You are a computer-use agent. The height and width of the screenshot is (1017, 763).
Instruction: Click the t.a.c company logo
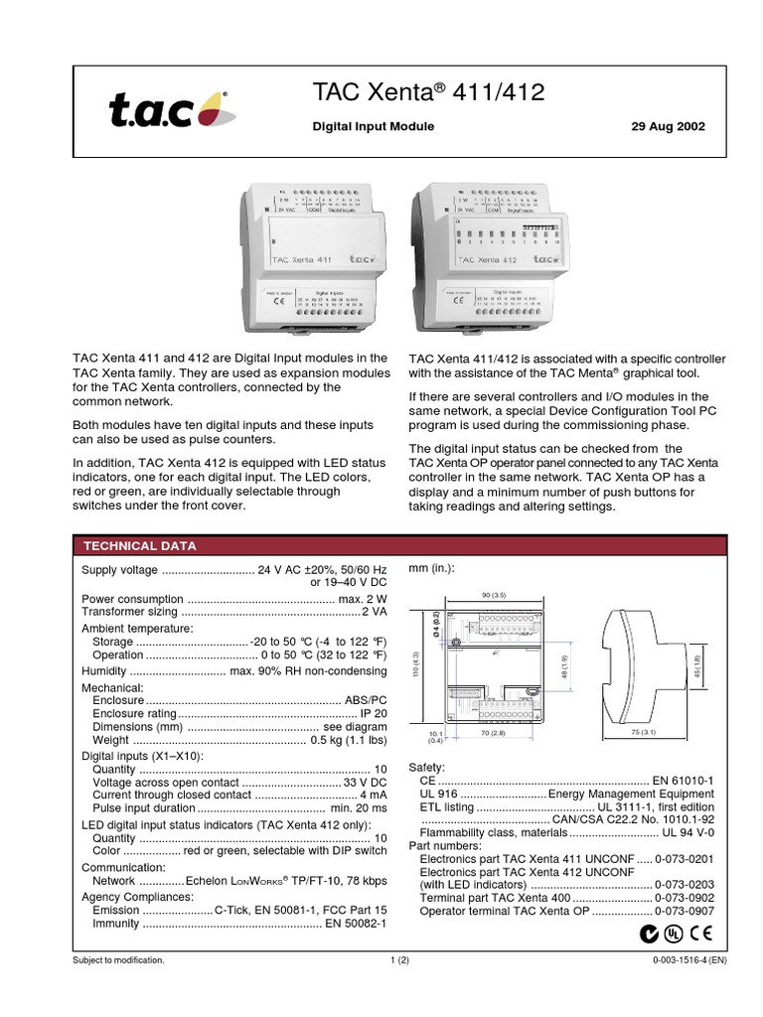pyautogui.click(x=168, y=109)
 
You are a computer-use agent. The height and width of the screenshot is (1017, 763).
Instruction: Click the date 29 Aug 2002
pyautogui.click(x=669, y=127)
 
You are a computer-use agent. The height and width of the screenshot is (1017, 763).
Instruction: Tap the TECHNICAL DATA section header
pyautogui.click(x=139, y=546)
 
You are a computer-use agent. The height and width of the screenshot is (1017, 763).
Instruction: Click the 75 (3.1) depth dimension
pyautogui.click(x=645, y=733)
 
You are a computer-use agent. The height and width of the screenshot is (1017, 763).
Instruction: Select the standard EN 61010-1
pyautogui.click(x=683, y=781)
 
